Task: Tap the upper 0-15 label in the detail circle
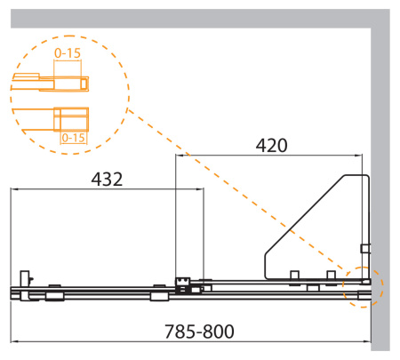tap(68, 53)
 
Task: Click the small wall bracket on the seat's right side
tap(364, 248)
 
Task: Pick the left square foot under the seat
tap(294, 276)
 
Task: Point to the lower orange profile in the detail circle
tap(70, 117)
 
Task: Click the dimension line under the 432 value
tap(107, 189)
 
